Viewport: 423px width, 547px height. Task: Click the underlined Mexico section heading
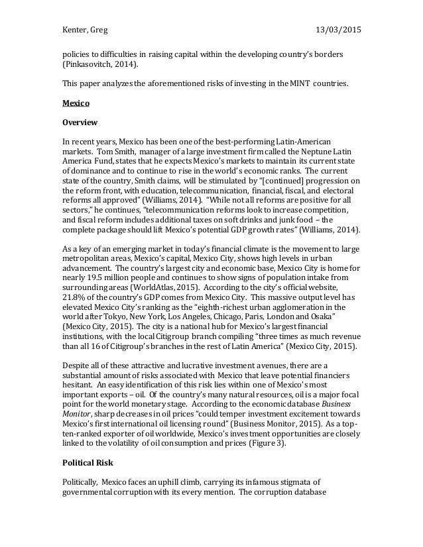click(75, 103)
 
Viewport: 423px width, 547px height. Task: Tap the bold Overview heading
click(80, 123)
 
